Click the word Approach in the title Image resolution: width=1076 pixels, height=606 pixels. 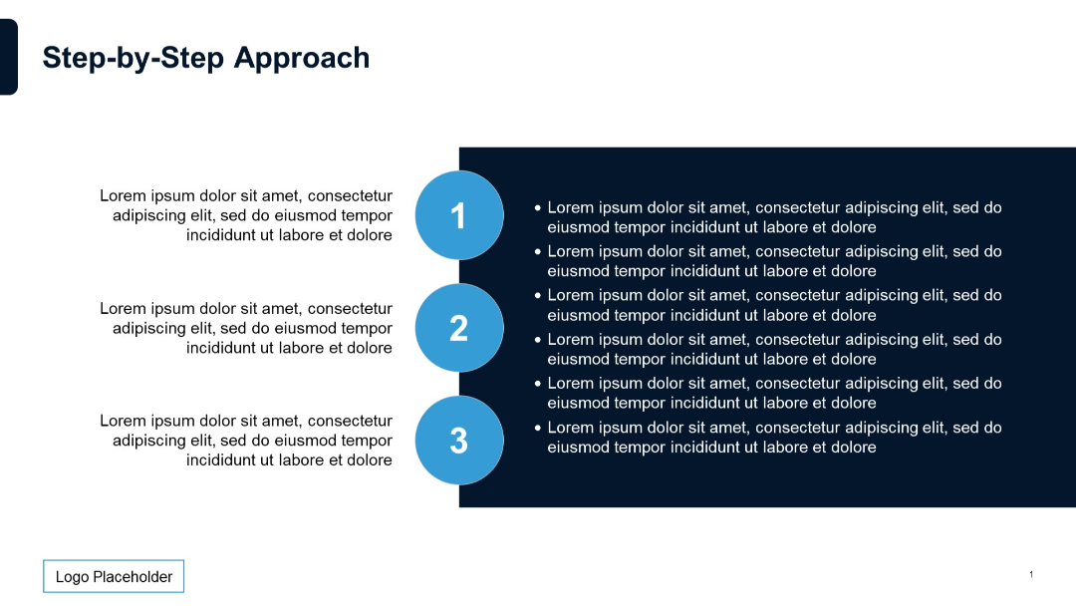[x=302, y=58]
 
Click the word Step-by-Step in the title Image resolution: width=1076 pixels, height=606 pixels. [x=134, y=58]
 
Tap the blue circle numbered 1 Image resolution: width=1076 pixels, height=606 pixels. [x=458, y=215]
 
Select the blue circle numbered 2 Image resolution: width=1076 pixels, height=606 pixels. [x=458, y=328]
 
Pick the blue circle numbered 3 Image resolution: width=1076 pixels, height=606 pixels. [x=458, y=441]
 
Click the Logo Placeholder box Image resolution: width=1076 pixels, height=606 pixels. [x=114, y=576]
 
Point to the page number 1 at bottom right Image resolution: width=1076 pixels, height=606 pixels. [x=1031, y=574]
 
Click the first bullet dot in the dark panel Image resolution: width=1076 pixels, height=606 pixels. [x=538, y=208]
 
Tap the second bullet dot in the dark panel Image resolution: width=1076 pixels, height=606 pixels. [x=538, y=252]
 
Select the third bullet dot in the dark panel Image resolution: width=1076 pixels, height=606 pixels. [x=538, y=296]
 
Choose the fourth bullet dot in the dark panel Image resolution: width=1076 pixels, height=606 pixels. [x=538, y=340]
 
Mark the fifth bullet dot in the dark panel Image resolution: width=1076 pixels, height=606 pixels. [x=538, y=384]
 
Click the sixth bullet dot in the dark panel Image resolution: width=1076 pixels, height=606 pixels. [x=538, y=428]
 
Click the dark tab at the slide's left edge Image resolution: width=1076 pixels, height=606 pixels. [x=8, y=57]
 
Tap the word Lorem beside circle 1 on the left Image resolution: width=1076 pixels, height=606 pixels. [x=122, y=196]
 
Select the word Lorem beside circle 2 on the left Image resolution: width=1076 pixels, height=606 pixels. [x=122, y=309]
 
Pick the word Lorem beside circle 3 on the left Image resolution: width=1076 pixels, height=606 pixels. [x=122, y=422]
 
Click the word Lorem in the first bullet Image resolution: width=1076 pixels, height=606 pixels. [x=571, y=208]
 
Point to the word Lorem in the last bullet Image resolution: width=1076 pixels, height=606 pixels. [x=571, y=428]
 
